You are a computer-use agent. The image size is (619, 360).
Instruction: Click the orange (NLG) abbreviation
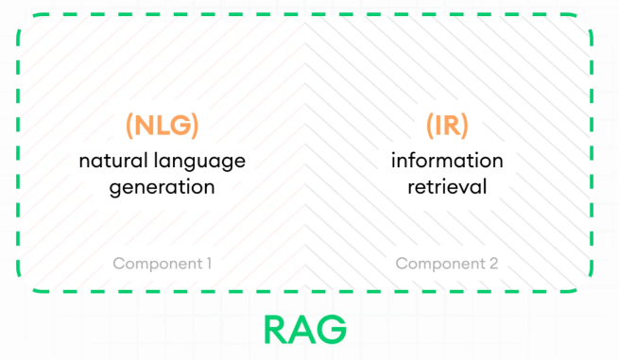162,126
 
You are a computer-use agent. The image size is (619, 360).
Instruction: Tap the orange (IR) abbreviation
447,126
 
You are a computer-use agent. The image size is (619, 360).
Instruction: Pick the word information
447,160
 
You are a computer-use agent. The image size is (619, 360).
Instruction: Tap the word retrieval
447,187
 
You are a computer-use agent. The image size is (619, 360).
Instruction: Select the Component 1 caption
162,264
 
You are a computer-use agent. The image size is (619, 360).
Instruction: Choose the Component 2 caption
447,264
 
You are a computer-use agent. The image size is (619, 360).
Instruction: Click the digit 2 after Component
493,264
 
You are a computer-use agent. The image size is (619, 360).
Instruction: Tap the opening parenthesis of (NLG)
129,126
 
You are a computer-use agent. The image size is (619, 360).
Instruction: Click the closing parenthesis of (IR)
465,126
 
